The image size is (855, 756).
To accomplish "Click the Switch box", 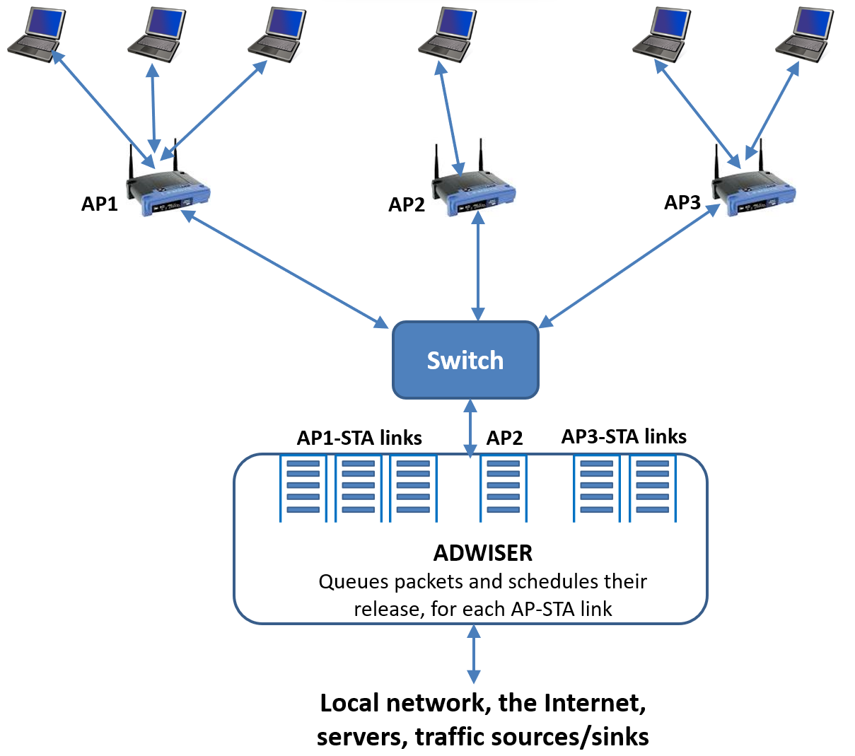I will (x=465, y=360).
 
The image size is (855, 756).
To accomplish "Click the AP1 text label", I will (x=100, y=204).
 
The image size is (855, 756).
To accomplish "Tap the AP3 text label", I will (x=682, y=202).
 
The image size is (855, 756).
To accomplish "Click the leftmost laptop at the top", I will (x=37, y=34).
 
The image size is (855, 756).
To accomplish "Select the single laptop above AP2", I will (x=448, y=32).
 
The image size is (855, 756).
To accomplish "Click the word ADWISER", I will (x=483, y=552).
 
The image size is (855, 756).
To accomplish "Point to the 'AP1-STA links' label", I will (x=359, y=438).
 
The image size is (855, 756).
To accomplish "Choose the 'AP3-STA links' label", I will (x=624, y=436).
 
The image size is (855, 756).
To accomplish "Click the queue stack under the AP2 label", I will (x=504, y=488).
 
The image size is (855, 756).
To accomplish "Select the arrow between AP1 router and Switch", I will (x=286, y=269).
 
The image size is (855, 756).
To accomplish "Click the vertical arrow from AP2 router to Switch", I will (x=479, y=268).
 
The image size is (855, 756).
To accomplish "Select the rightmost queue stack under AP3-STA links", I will (x=653, y=488).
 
